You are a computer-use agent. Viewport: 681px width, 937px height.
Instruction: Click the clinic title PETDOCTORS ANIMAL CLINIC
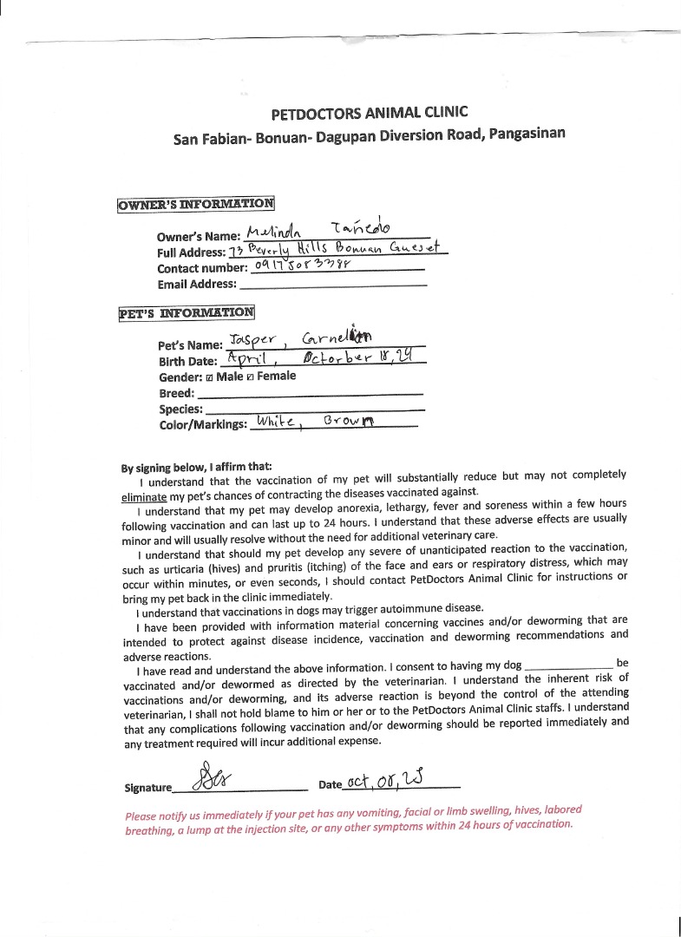tap(369, 113)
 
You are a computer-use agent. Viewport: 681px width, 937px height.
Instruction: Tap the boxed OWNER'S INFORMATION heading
tap(195, 205)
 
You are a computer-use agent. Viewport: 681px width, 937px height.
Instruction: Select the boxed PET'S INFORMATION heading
tap(187, 313)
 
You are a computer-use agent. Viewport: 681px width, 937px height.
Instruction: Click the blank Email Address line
tap(332, 284)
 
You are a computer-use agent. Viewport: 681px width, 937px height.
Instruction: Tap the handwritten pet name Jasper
tap(252, 339)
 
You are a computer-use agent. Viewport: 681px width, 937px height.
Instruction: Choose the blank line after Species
tap(316, 409)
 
